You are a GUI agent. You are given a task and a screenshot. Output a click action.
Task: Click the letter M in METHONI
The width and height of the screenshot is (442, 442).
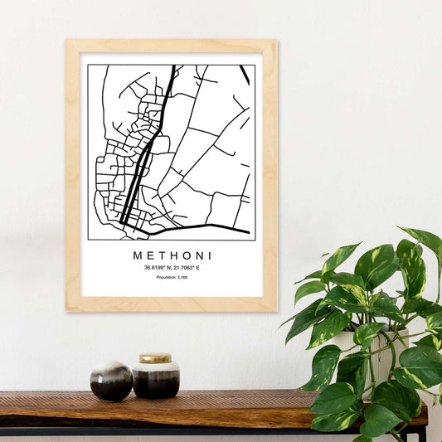pyautogui.click(x=138, y=255)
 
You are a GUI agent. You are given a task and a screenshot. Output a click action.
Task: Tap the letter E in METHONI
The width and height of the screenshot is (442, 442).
pyautogui.click(x=151, y=255)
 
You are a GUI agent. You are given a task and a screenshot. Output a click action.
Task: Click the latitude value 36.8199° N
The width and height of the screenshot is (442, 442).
pyautogui.click(x=158, y=267)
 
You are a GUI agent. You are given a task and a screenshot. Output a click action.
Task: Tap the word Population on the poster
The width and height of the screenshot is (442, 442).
pyautogui.click(x=167, y=277)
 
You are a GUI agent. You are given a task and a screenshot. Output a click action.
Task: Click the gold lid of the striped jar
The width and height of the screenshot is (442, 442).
pyautogui.click(x=155, y=359)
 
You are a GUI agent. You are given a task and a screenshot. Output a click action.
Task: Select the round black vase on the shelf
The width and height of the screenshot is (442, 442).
pyautogui.click(x=111, y=381)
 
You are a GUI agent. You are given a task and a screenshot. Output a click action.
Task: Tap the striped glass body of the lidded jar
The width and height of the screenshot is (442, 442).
pyautogui.click(x=156, y=379)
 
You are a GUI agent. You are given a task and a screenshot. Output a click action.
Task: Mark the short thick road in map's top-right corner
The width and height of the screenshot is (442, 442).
pyautogui.click(x=245, y=75)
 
